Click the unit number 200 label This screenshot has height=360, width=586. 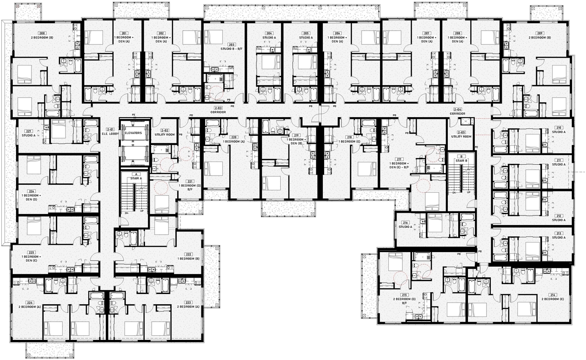(x=42, y=33)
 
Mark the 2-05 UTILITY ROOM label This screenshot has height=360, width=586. (x=461, y=134)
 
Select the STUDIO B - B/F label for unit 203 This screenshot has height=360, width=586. (x=232, y=48)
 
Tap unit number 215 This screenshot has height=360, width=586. (x=404, y=295)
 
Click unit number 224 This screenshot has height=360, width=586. (x=30, y=302)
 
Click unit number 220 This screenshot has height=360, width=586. (x=233, y=137)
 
